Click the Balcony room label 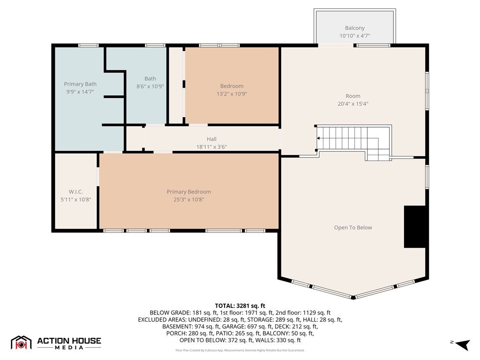(x=354, y=28)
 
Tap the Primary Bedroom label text (x=188, y=192)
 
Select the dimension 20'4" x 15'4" (x=352, y=104)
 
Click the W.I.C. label (x=75, y=192)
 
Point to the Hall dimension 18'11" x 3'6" (x=211, y=147)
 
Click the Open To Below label (x=353, y=227)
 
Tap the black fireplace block (x=415, y=227)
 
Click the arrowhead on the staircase (x=318, y=138)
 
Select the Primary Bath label (x=80, y=84)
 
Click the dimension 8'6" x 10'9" (x=150, y=86)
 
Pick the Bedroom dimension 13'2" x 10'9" (x=232, y=94)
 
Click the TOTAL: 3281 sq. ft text (x=240, y=306)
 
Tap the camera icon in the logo (x=21, y=345)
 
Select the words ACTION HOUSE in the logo (x=69, y=341)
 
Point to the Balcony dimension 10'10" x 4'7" (x=354, y=36)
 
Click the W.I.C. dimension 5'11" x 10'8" (x=75, y=200)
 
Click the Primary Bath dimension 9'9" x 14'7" (x=80, y=91)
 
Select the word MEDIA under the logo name (x=69, y=347)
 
